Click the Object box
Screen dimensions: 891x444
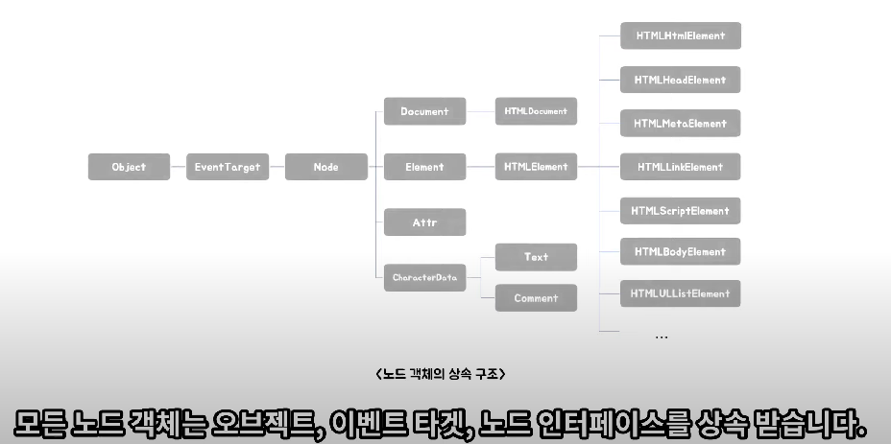point(129,167)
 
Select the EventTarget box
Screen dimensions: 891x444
point(227,167)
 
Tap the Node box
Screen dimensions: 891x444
point(325,167)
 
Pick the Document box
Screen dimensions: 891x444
point(424,111)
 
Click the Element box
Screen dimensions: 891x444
point(424,167)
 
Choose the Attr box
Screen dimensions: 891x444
point(424,222)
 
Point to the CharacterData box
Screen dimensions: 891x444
point(424,278)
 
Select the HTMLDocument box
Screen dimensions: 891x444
point(536,111)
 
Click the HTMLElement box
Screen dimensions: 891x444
point(536,167)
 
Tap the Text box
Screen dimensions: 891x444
point(536,257)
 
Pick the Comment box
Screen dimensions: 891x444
point(536,298)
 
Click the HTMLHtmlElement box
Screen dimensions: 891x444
point(680,36)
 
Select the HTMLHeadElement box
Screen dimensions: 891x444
point(680,81)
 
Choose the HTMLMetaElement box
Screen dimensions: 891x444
point(680,124)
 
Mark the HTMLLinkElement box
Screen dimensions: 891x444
point(680,167)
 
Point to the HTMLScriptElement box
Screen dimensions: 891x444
point(680,211)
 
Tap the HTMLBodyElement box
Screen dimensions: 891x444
point(680,252)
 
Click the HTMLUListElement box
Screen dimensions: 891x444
point(680,293)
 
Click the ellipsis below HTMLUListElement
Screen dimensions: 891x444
point(662,337)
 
